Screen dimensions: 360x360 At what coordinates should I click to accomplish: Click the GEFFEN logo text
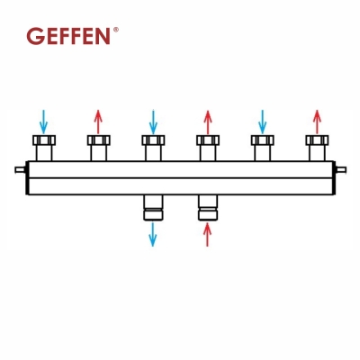coord(70,36)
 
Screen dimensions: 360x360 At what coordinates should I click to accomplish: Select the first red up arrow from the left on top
coord(98,120)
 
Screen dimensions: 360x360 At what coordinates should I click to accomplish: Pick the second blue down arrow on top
coord(152,120)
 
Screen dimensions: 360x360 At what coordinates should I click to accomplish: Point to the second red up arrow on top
coord(207,120)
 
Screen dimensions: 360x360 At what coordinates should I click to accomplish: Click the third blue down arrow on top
coord(262,120)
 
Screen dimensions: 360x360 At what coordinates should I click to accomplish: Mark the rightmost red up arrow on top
coord(316,120)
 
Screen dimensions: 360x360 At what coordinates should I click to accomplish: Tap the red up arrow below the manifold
coord(207,234)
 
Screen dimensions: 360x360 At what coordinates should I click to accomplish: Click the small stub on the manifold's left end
coord(21,169)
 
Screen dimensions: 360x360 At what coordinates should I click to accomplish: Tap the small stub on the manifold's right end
coord(340,169)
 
